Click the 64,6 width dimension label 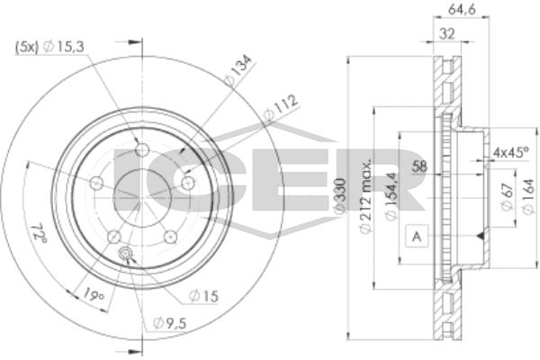(462, 10)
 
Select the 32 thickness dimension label (447, 34)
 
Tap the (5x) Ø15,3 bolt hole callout (49, 47)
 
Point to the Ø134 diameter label (238, 70)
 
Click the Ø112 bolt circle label (280, 107)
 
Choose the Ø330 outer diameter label (340, 195)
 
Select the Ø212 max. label (365, 195)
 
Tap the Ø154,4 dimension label (391, 195)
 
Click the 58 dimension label (419, 166)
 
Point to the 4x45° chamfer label (510, 152)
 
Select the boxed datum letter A (417, 237)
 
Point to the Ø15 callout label (204, 295)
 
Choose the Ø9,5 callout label (170, 323)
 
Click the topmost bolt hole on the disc (142, 150)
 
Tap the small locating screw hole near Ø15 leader (125, 254)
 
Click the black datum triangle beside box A (480, 236)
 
